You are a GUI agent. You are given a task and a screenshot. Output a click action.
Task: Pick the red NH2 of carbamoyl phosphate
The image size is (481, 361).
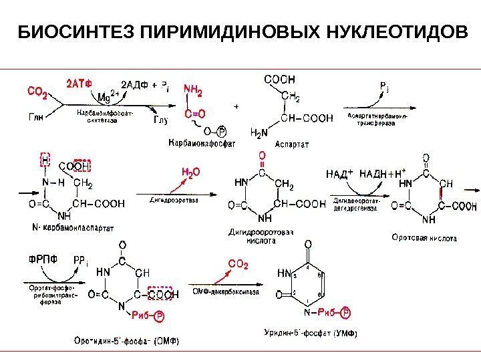tap(193, 88)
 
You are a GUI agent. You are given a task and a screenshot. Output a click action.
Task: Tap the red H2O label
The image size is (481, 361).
tap(191, 172)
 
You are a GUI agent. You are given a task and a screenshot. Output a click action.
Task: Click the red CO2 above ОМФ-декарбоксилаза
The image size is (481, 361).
tap(238, 265)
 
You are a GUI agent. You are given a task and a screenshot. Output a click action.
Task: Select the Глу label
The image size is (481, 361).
tap(161, 120)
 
